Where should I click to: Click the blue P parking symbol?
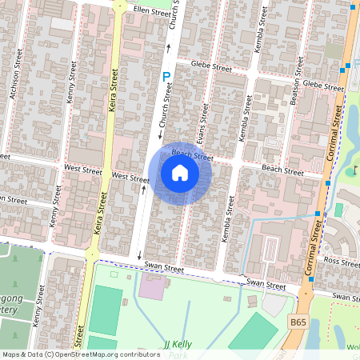point(166,78)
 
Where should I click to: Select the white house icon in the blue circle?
point(180,173)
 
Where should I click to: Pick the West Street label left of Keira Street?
point(82,170)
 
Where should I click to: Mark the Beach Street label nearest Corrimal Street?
point(282,171)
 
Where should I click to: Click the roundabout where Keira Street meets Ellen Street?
point(121,4)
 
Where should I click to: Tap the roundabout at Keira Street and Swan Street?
point(92,255)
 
